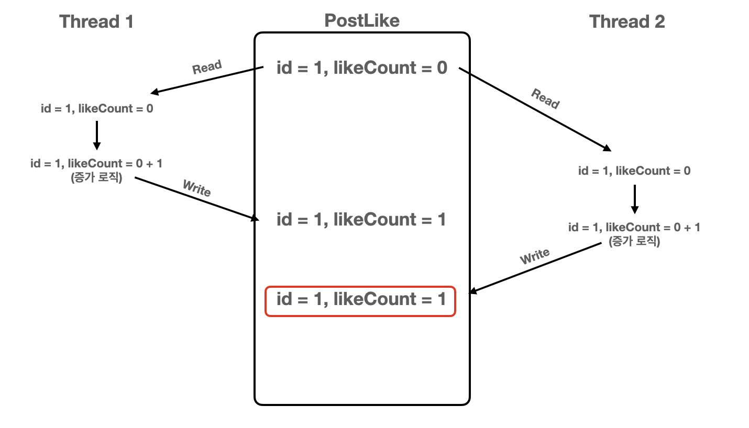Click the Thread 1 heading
pyautogui.click(x=96, y=21)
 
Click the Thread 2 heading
pyautogui.click(x=626, y=21)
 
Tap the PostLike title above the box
pyautogui.click(x=361, y=20)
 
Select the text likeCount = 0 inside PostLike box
pyautogui.click(x=362, y=68)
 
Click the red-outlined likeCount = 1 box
pyautogui.click(x=360, y=301)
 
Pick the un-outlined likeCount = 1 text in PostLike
pyautogui.click(x=361, y=219)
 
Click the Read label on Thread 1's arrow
pyautogui.click(x=207, y=67)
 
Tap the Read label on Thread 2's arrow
pyautogui.click(x=545, y=98)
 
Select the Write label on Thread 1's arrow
pyautogui.click(x=196, y=188)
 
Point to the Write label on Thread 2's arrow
pyautogui.click(x=534, y=256)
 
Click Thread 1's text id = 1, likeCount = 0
pyautogui.click(x=97, y=109)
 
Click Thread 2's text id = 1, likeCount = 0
pyautogui.click(x=634, y=171)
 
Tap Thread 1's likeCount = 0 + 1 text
pyautogui.click(x=96, y=163)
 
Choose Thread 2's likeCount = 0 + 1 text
pyautogui.click(x=634, y=227)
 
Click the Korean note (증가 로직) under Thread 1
pyautogui.click(x=96, y=178)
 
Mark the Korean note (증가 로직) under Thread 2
pyautogui.click(x=634, y=242)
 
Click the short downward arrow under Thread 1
pyautogui.click(x=97, y=135)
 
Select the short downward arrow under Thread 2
pyautogui.click(x=634, y=199)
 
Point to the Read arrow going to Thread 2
pyautogui.click(x=534, y=109)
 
